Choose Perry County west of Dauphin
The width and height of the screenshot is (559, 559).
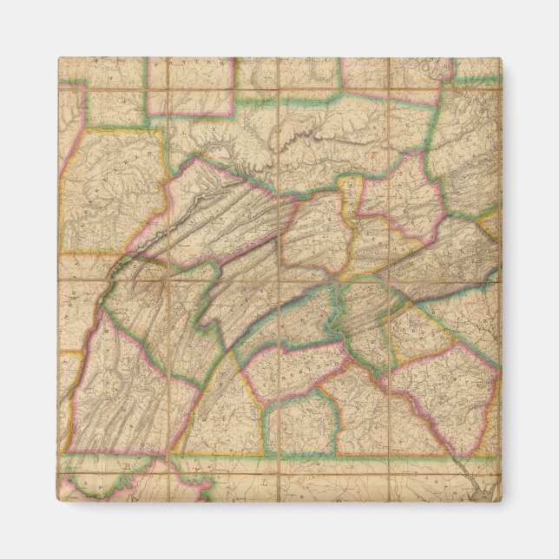pos(295,321)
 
